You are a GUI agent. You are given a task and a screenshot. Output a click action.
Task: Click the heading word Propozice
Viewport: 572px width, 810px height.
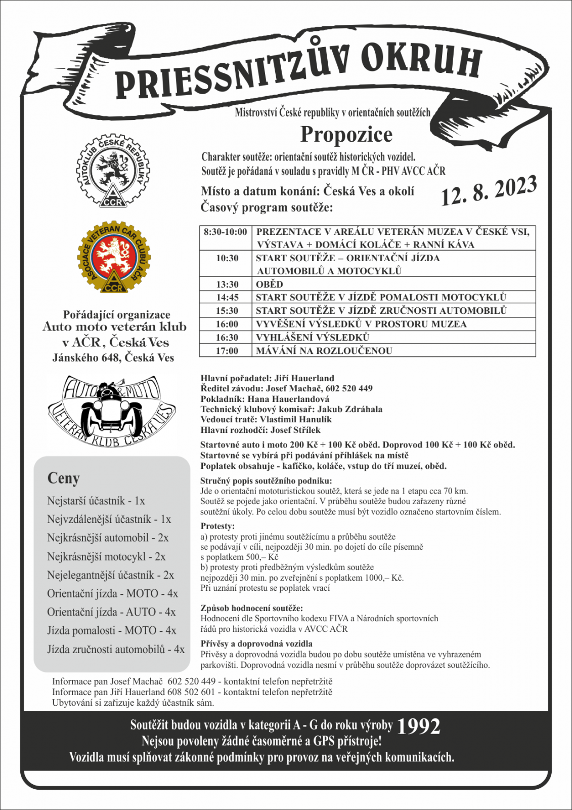pyautogui.click(x=346, y=135)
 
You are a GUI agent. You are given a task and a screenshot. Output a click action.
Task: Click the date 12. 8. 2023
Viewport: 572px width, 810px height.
pyautogui.click(x=488, y=191)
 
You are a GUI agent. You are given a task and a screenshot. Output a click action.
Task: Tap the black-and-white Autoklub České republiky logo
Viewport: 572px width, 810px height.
pyautogui.click(x=113, y=171)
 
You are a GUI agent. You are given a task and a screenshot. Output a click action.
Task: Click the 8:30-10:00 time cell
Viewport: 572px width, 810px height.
pyautogui.click(x=226, y=232)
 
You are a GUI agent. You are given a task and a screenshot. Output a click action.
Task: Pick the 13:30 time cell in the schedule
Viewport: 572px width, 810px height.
pyautogui.click(x=227, y=284)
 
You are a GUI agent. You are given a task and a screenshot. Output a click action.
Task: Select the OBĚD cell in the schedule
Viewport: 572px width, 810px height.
pyautogui.click(x=270, y=284)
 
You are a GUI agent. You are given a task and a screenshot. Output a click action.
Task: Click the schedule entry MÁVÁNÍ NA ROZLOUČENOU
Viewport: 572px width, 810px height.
pyautogui.click(x=324, y=350)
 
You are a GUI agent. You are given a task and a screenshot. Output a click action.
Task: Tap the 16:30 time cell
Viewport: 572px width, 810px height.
pyautogui.click(x=227, y=337)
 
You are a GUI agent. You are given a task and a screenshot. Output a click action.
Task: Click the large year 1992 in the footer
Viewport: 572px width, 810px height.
pyautogui.click(x=418, y=726)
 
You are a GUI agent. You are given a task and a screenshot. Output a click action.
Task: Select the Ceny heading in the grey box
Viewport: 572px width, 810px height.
pyautogui.click(x=64, y=478)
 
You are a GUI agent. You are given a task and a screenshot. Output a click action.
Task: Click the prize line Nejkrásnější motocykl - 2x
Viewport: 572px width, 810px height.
pyautogui.click(x=106, y=556)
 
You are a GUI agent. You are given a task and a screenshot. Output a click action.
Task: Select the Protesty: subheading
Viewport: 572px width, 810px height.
pyautogui.click(x=217, y=526)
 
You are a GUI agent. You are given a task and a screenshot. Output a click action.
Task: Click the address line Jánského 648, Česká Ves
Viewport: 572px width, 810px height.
pyautogui.click(x=113, y=357)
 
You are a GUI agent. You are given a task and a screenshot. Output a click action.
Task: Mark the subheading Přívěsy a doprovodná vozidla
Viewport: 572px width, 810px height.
pyautogui.click(x=256, y=643)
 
